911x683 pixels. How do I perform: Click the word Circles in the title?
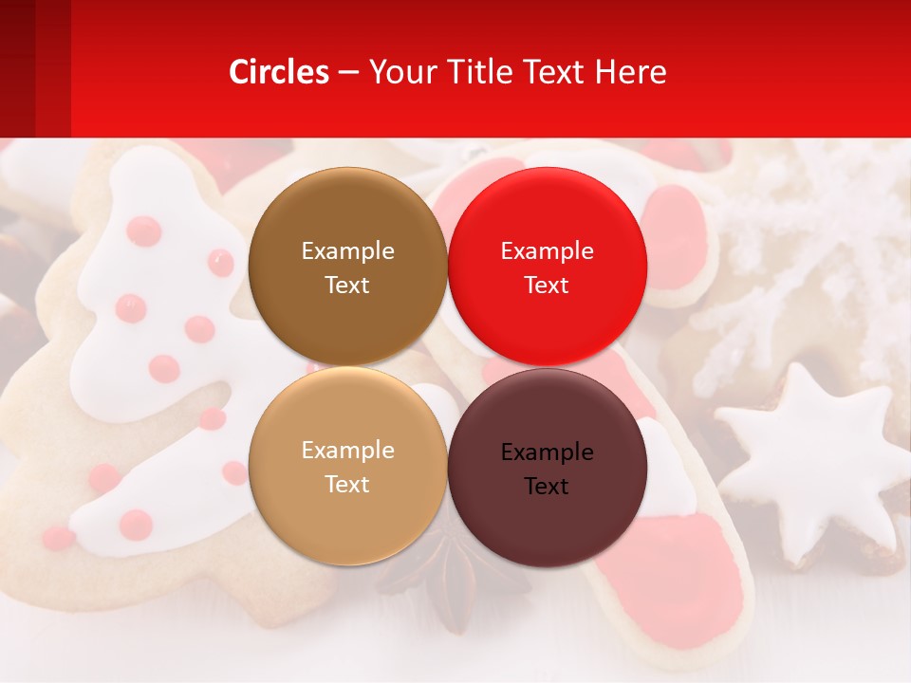pos(278,72)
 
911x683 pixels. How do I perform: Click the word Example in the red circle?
pos(547,251)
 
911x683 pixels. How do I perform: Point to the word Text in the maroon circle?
pos(547,487)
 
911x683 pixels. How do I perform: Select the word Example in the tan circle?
pos(347,451)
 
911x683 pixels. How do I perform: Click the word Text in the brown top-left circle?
pos(347,286)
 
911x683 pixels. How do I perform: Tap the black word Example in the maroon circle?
pos(547,452)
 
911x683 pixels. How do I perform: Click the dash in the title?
pos(348,73)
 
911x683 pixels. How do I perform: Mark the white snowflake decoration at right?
pos(807,256)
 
